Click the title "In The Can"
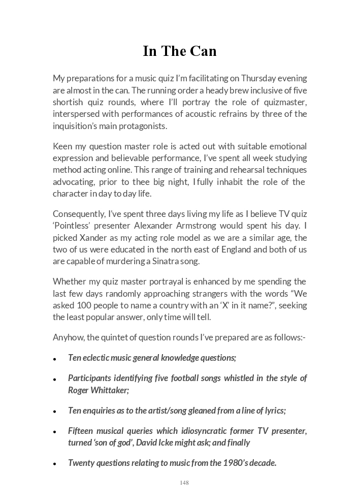pyautogui.click(x=180, y=51)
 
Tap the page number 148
pyautogui.click(x=184, y=483)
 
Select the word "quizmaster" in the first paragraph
pyautogui.click(x=287, y=102)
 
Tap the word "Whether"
pyautogui.click(x=69, y=281)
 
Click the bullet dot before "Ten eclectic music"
pyautogui.click(x=54, y=359)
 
